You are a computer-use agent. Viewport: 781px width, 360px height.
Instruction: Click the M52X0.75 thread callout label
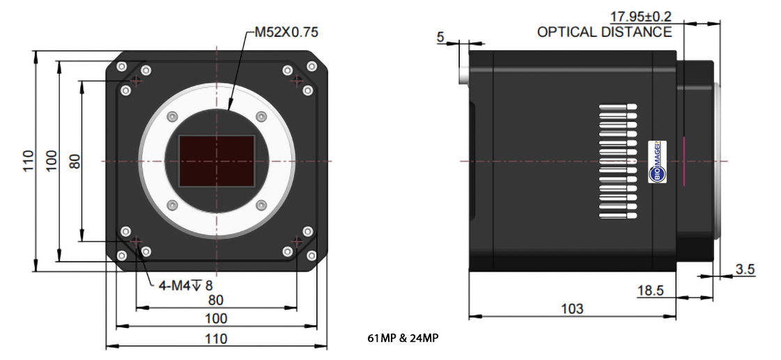[x=286, y=32]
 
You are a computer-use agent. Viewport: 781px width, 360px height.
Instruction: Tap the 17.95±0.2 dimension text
[x=641, y=17]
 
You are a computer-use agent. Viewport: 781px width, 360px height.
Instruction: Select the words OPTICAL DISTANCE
[x=604, y=32]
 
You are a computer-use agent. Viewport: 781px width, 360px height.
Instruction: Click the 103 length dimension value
[x=572, y=308]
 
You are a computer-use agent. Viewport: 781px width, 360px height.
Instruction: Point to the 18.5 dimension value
[x=650, y=290]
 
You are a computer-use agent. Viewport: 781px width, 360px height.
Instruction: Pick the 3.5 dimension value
[x=745, y=269]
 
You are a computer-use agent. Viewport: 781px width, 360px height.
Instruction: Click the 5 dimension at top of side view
[x=440, y=38]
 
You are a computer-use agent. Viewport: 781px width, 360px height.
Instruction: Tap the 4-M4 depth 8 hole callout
[x=185, y=285]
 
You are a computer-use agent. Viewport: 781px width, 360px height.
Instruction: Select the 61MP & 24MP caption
[x=403, y=338]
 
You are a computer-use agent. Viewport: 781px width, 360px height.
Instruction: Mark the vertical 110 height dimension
[x=28, y=161]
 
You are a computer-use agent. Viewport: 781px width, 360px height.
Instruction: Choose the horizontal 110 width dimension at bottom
[x=216, y=338]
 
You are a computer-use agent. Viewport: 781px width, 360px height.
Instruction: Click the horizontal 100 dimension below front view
[x=216, y=318]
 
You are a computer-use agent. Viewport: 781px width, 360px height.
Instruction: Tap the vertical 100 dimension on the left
[x=52, y=161]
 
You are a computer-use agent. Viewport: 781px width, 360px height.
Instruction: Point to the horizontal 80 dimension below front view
[x=216, y=299]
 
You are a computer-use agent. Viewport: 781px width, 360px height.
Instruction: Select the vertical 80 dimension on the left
[x=75, y=161]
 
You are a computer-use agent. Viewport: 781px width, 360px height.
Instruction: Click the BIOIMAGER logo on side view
[x=657, y=162]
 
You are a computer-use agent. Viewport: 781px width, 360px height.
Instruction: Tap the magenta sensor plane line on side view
[x=684, y=162]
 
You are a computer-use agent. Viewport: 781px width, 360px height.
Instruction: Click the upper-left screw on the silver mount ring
[x=172, y=116]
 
